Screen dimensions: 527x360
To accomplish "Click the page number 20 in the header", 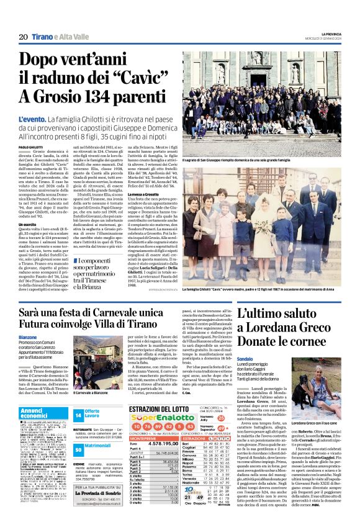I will [22, 37].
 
